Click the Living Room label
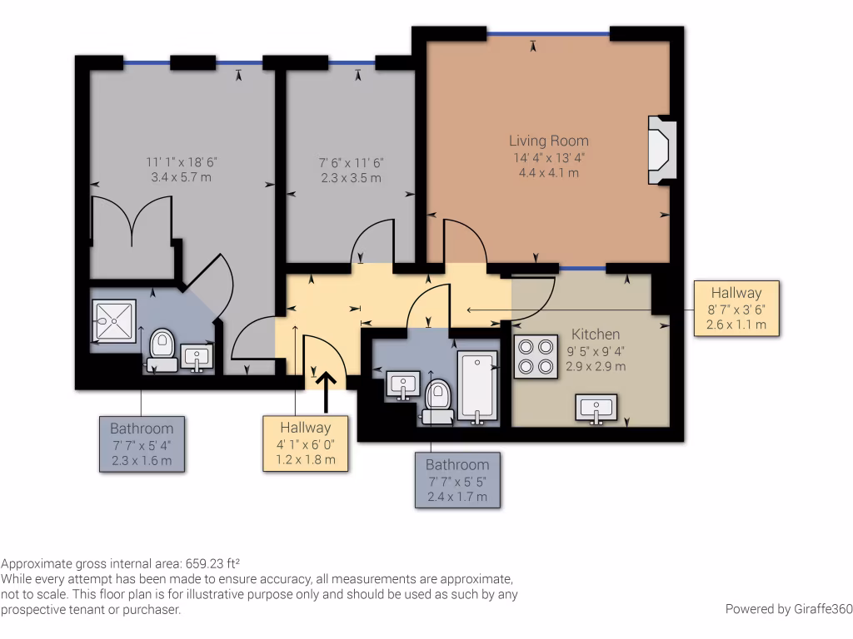coord(548,141)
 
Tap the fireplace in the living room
coord(661,150)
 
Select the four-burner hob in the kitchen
coord(536,356)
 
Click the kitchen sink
coord(596,409)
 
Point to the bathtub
coord(476,388)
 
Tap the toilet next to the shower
coord(161,349)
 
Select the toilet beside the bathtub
coord(436,400)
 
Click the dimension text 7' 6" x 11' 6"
coord(351,163)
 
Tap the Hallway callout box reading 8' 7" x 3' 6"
coord(736,308)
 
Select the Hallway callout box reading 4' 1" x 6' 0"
coord(306,443)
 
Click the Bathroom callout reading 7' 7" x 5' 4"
coord(142,443)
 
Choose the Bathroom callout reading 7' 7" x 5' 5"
coord(457,479)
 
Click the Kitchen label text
coord(595,334)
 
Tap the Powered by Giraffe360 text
coord(788,609)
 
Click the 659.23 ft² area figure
coord(212,562)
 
